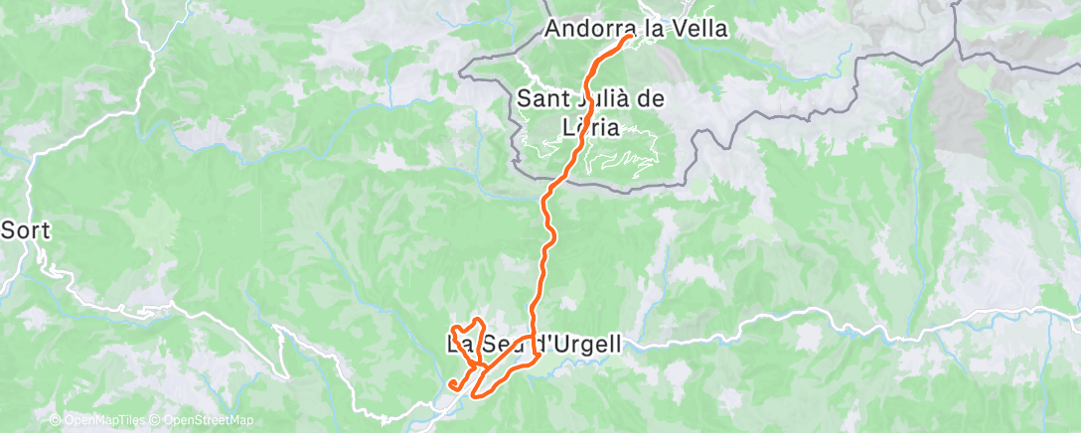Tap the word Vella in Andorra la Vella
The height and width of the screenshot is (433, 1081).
tap(699, 30)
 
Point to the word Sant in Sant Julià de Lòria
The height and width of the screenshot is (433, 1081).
tap(543, 99)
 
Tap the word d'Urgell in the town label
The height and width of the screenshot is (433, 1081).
tap(580, 346)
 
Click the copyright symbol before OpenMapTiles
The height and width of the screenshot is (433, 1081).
tap(56, 421)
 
